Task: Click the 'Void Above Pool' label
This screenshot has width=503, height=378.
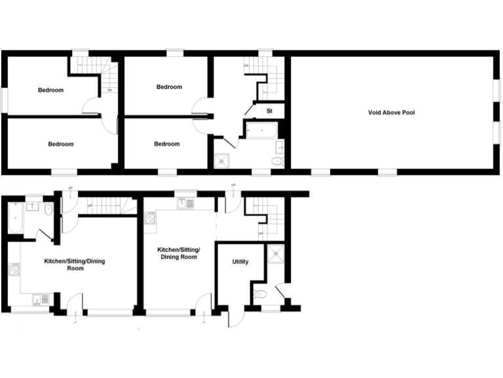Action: coord(391,113)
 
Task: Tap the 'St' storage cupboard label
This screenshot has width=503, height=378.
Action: coord(269,112)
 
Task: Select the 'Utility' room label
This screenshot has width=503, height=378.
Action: coord(240,262)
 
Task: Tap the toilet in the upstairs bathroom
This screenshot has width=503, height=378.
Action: coord(276,161)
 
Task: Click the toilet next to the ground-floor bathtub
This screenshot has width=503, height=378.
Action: coord(48,209)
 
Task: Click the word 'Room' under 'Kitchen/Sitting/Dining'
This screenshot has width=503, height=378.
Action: coord(75,268)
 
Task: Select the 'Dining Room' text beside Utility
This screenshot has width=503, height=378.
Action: coord(179,257)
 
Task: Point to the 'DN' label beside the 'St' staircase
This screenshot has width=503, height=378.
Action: coord(247,66)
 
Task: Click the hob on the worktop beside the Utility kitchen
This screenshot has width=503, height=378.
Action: coord(150,218)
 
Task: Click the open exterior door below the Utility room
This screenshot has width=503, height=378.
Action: coord(230,318)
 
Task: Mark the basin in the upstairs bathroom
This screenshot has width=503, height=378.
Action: coord(279,146)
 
